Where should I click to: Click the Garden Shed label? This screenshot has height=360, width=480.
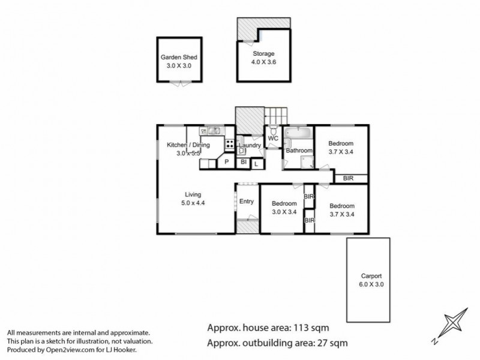pyautogui.click(x=179, y=57)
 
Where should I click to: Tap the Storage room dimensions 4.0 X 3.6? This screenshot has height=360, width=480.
pyautogui.click(x=263, y=62)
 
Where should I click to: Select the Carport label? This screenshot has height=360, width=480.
pyautogui.click(x=371, y=276)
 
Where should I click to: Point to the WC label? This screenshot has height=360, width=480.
pyautogui.click(x=273, y=139)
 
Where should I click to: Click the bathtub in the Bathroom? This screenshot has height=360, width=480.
pyautogui.click(x=298, y=133)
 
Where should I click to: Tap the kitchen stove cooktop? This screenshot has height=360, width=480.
pyautogui.click(x=230, y=143)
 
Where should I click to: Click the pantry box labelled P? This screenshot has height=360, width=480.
pyautogui.click(x=227, y=161)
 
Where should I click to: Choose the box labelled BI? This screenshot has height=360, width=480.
pyautogui.click(x=244, y=162)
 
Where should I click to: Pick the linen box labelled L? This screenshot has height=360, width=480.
pyautogui.click(x=257, y=164)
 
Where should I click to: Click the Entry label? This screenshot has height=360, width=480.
pyautogui.click(x=247, y=202)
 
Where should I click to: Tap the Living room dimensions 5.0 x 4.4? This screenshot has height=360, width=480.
pyautogui.click(x=193, y=203)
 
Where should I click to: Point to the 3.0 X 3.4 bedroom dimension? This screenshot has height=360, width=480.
pyautogui.click(x=284, y=212)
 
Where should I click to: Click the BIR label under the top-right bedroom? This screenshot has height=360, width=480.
pyautogui.click(x=349, y=178)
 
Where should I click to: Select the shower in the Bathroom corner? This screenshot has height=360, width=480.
pyautogui.click(x=307, y=162)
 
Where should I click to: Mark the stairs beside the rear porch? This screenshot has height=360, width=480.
pyautogui.click(x=276, y=115)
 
